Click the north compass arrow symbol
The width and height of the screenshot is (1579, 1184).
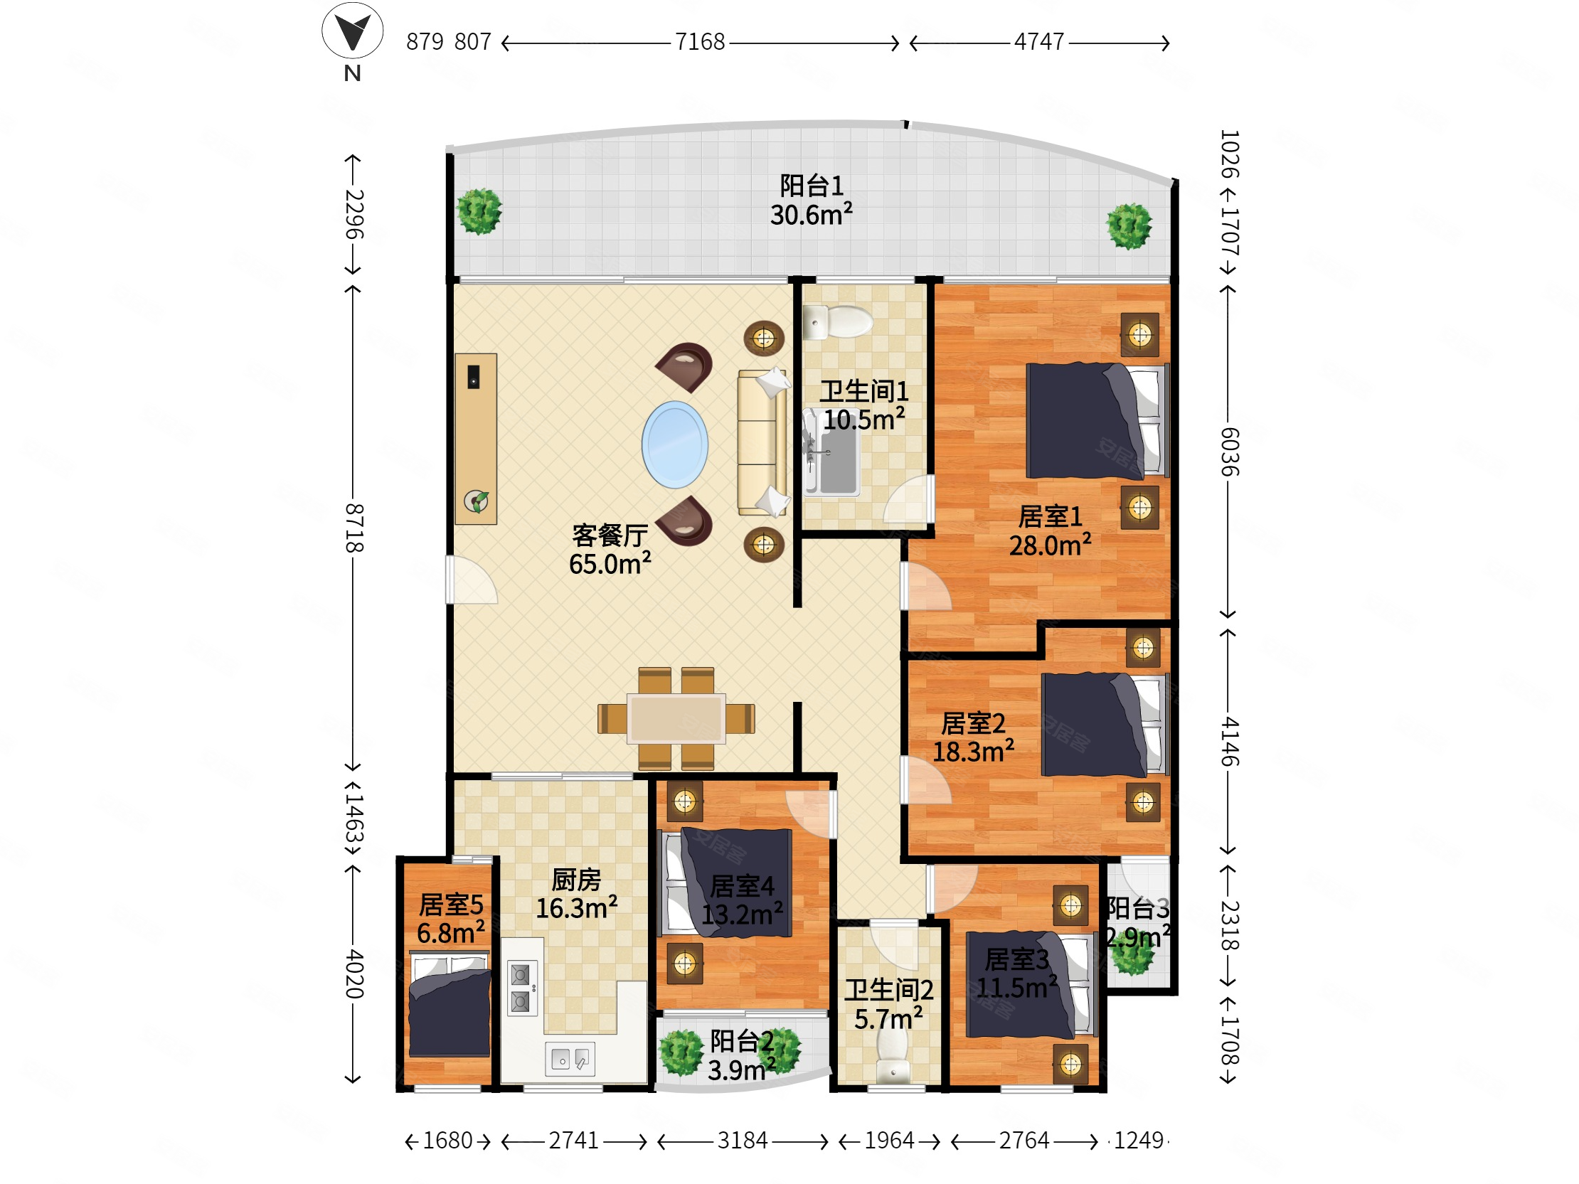352,31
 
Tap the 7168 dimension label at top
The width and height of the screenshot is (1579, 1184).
700,42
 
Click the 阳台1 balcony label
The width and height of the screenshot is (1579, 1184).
811,186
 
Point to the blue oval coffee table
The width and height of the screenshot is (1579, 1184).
674,444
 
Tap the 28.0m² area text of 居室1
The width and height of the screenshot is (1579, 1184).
1049,545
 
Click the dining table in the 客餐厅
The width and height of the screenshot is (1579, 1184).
676,719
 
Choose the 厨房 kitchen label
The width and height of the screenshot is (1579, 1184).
575,880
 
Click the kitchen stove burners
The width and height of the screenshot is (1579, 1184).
521,988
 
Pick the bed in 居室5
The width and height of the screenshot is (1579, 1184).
450,1004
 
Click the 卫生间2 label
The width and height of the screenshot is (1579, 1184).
889,990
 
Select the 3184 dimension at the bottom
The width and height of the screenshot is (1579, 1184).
742,1141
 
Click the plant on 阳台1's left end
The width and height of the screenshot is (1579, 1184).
479,210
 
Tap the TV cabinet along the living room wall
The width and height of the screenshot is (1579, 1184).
476,439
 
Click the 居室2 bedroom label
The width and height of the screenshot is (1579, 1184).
973,724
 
